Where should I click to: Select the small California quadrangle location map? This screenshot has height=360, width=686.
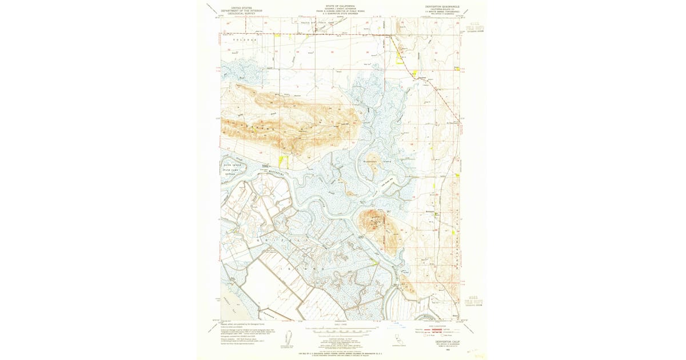click(x=397, y=341)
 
